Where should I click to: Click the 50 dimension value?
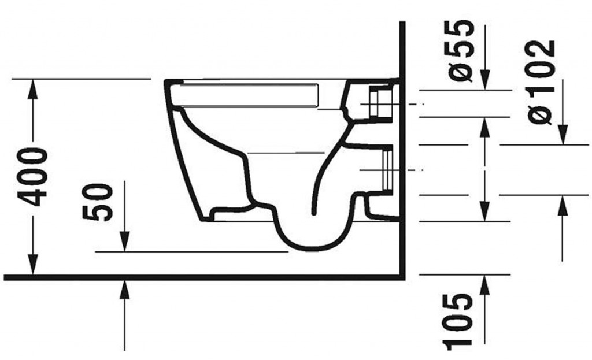(x=97, y=202)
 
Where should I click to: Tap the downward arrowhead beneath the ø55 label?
(x=484, y=80)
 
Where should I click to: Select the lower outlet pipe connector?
(x=384, y=169)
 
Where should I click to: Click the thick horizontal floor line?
(x=202, y=277)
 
